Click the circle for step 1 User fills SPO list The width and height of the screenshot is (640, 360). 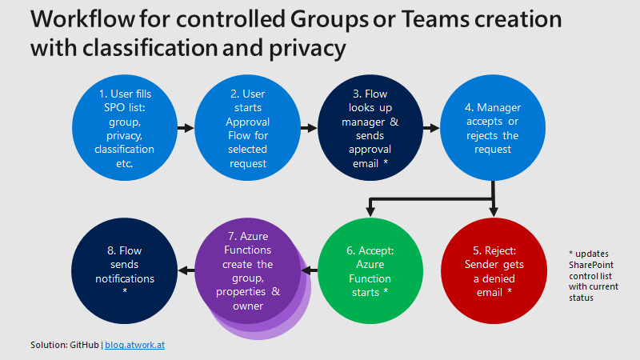pyautogui.click(x=124, y=128)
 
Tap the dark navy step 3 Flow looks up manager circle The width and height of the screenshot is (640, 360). pyautogui.click(x=370, y=128)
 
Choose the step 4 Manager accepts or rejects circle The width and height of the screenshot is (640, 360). pyautogui.click(x=492, y=128)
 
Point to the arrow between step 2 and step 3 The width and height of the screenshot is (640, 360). pyautogui.click(x=308, y=127)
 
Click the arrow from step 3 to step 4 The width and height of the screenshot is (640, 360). pyautogui.click(x=431, y=127)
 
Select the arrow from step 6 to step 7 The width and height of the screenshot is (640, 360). pyautogui.click(x=309, y=271)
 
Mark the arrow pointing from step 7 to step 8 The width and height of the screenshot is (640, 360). pyautogui.click(x=186, y=271)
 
